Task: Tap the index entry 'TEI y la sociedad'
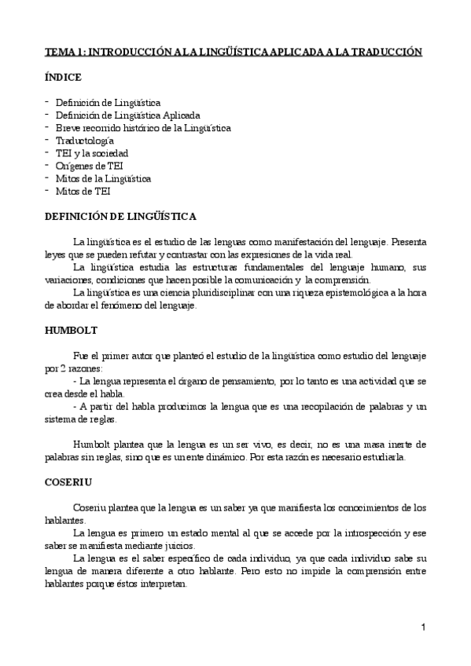tap(91, 153)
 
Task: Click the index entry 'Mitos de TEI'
tap(83, 191)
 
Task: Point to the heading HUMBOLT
tap(72, 331)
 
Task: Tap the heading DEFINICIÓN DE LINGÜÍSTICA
tap(120, 216)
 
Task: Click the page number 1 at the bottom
tap(423, 628)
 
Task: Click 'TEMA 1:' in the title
tap(64, 52)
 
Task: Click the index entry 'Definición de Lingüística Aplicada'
tap(122, 115)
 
